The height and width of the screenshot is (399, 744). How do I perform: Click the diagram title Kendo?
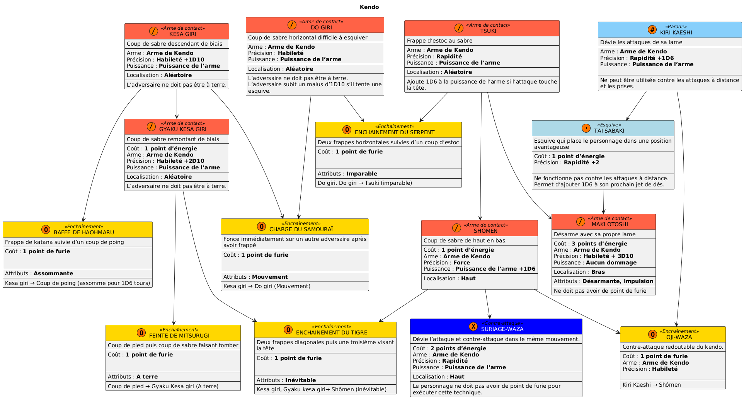click(369, 7)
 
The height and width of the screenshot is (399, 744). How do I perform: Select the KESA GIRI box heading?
click(183, 34)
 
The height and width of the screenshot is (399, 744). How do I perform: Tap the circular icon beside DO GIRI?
click(292, 25)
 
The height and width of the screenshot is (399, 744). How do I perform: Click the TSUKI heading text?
click(488, 31)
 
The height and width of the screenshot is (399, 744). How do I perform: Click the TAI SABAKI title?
click(609, 131)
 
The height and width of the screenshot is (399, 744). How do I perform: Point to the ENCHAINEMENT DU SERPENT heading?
click(394, 132)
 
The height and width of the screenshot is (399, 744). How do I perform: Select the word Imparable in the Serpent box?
click(362, 174)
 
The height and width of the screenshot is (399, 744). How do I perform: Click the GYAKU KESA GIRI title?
click(183, 129)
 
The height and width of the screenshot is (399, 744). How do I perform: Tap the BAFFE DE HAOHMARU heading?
click(84, 232)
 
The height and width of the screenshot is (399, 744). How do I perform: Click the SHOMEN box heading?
click(485, 231)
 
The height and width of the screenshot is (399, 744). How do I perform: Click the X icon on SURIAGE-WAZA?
click(473, 326)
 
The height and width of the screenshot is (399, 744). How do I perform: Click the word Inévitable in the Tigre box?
click(300, 380)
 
